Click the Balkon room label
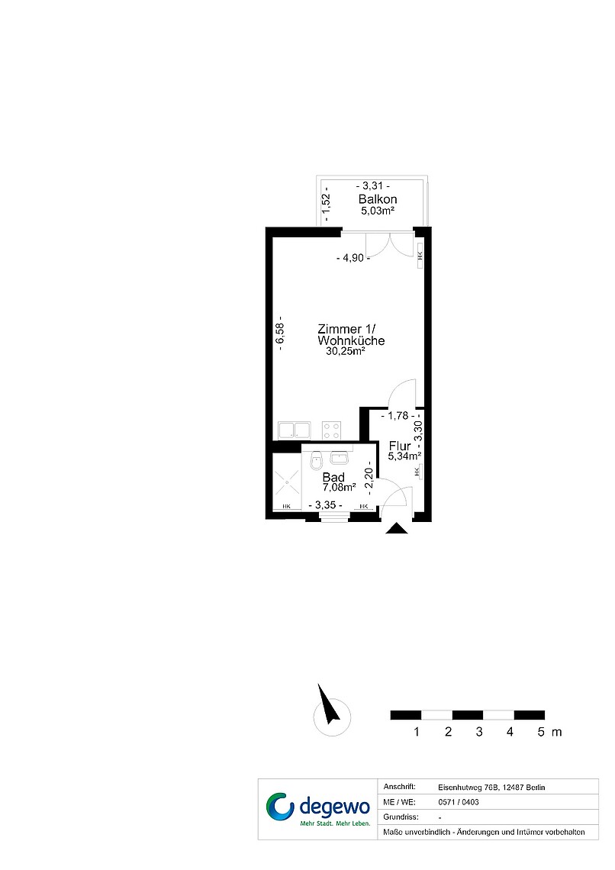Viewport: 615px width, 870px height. point(378,199)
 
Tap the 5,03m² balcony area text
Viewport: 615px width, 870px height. point(378,211)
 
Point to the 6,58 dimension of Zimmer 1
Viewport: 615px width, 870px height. point(280,334)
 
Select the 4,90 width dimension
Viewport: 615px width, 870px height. point(353,258)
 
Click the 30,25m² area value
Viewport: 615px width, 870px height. point(346,351)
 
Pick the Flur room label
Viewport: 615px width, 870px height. point(400,446)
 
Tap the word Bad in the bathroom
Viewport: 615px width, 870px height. point(333,477)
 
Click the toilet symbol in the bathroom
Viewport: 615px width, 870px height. point(316,459)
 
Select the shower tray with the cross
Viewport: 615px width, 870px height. point(287,482)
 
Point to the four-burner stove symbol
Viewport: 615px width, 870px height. point(332,431)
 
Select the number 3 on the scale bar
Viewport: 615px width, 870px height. point(479,732)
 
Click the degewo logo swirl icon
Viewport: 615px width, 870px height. point(280,807)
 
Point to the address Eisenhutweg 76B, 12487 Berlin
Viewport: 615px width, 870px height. point(491,788)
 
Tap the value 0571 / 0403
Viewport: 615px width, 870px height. point(459,802)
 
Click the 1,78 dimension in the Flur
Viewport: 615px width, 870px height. point(398,416)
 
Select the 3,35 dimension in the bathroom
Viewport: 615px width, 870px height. point(325,505)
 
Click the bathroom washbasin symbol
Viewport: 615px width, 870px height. point(339,458)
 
